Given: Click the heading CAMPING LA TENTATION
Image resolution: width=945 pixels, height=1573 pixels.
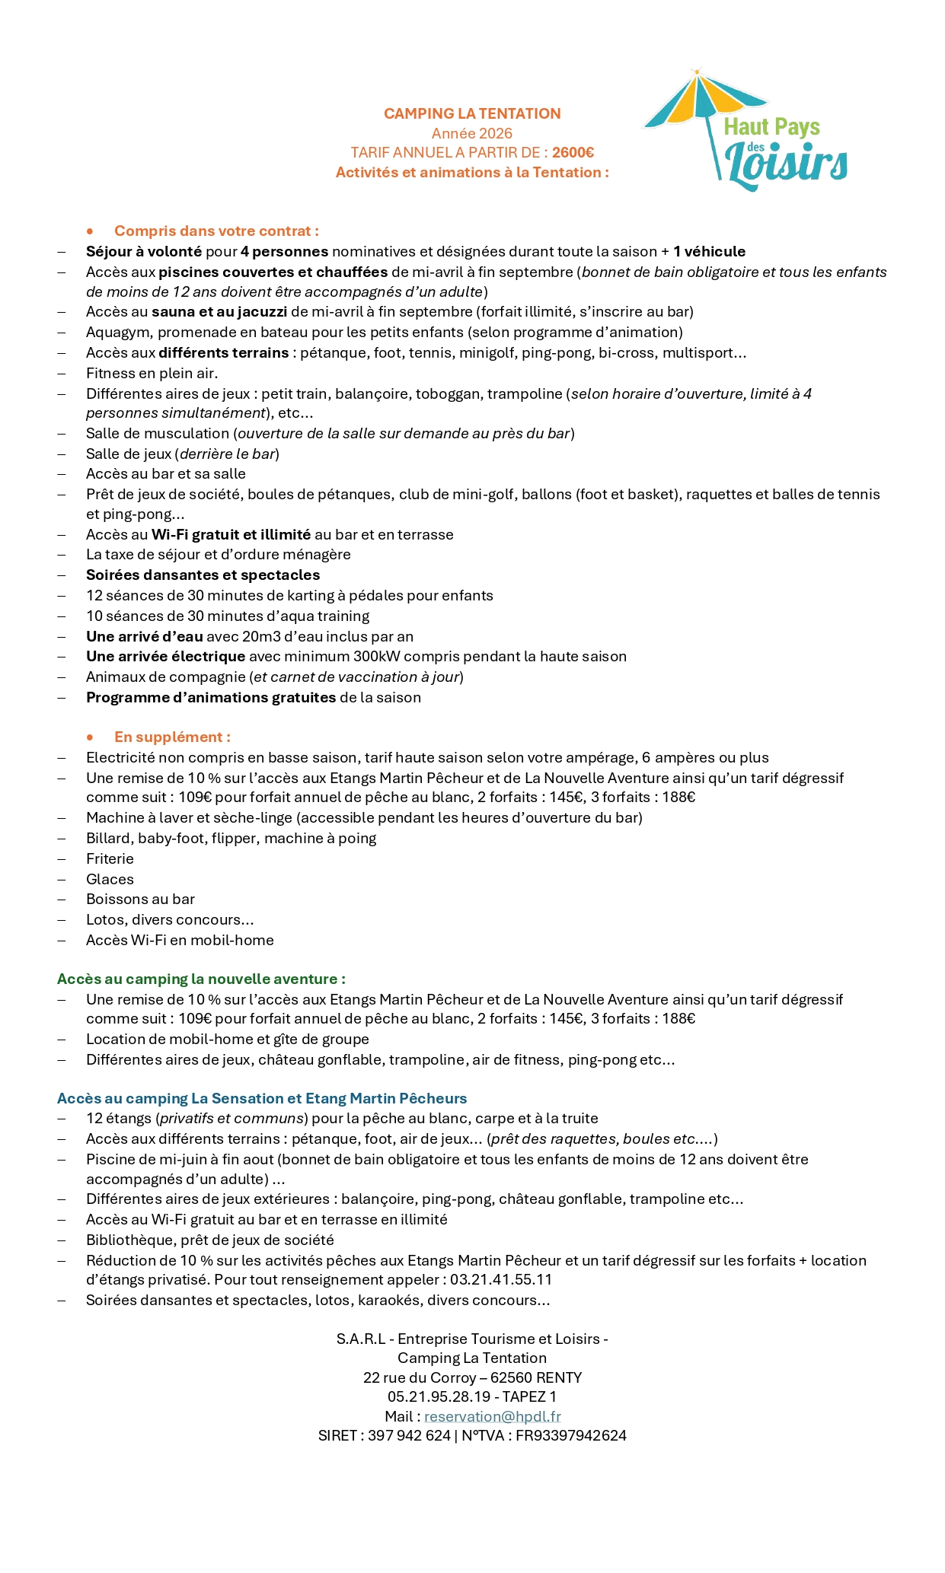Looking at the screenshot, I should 472,113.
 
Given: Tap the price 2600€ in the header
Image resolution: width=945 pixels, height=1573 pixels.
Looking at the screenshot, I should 573,153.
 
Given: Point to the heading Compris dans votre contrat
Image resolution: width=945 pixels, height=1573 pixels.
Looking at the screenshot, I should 216,231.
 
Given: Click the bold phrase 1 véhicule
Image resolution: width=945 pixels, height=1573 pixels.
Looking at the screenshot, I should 709,252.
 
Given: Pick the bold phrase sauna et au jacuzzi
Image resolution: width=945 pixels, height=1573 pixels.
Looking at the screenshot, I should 219,311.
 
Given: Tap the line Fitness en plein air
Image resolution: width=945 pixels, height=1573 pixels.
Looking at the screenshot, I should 152,373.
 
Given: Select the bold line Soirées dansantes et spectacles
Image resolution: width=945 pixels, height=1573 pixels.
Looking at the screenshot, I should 203,575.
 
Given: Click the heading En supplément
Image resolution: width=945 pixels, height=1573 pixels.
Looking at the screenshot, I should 172,737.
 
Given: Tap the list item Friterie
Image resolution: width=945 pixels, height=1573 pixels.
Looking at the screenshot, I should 110,859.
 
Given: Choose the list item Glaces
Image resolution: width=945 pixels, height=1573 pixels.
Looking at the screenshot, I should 110,880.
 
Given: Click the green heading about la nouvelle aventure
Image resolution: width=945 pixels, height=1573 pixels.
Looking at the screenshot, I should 201,979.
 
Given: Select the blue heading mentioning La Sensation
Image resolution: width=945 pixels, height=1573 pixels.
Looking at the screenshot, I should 262,1099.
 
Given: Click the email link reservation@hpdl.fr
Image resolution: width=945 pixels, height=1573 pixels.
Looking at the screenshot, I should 492,1417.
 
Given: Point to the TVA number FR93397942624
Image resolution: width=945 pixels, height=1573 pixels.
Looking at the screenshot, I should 571,1436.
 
